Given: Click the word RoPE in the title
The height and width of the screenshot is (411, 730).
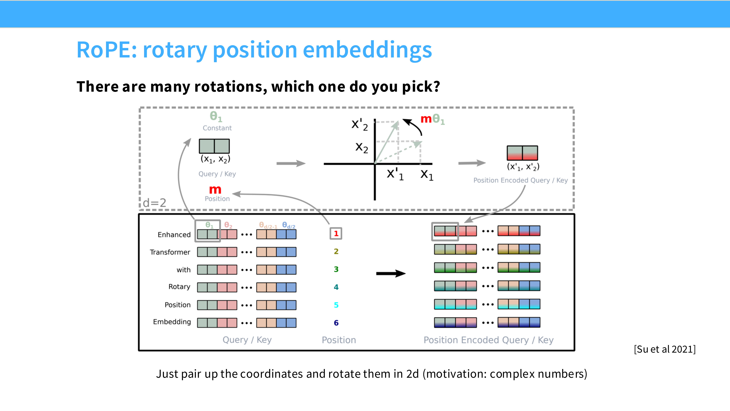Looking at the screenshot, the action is pos(107,50).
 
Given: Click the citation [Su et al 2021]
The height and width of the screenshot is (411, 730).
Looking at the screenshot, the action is pos(664,349).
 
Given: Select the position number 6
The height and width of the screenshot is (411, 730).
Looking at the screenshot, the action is pos(336,323).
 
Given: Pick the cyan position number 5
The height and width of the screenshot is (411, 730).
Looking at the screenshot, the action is pos(336,305).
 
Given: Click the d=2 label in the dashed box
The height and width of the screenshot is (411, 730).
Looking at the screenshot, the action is pos(154,203).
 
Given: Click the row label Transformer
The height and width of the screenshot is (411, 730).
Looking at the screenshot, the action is pos(170,252).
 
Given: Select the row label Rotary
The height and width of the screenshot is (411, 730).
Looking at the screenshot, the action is pos(179,287).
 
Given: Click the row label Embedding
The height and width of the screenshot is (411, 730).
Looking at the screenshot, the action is pos(172,322).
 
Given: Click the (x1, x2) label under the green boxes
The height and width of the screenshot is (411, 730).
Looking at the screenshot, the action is pos(215,159).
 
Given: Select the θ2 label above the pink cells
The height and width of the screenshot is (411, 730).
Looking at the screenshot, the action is pos(228,225).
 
